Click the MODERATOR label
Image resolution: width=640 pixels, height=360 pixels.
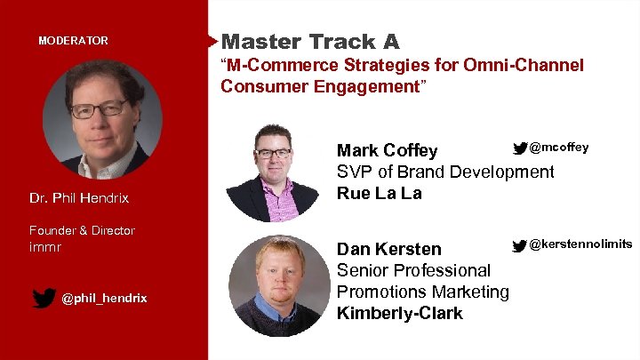73,41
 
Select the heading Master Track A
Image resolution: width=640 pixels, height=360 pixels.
310,41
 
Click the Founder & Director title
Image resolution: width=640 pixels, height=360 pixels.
82,230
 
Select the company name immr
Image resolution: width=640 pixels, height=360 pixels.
44,246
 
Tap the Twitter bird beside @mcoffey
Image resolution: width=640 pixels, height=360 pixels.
519,147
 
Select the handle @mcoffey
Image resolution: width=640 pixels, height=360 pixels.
558,147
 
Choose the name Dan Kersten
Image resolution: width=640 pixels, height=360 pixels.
388,249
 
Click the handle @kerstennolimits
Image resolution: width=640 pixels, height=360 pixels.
580,244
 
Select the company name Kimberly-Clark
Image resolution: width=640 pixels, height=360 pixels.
399,313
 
